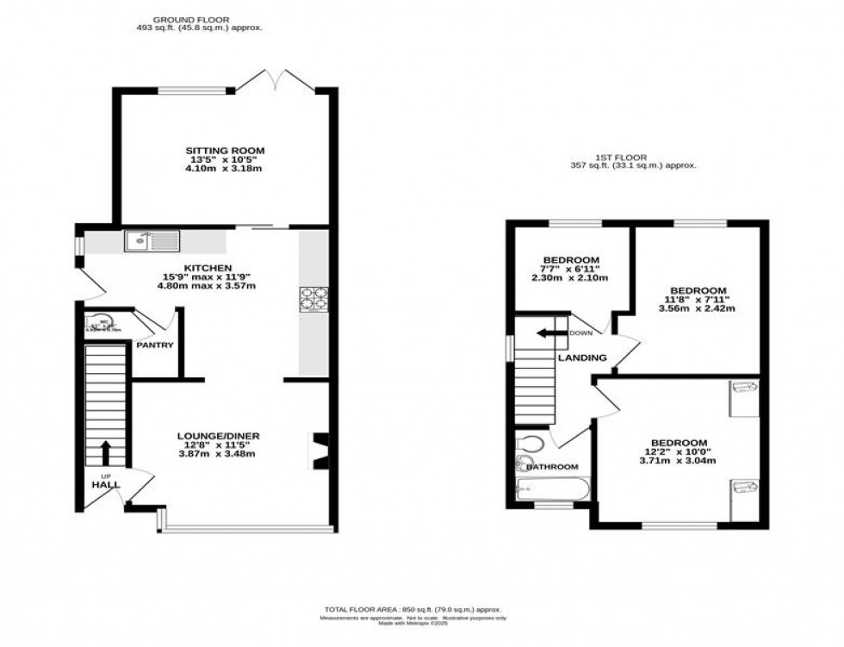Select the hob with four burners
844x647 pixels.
pos(312,297)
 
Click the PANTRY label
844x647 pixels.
pos(155,345)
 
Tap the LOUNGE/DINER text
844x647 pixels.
pos(219,436)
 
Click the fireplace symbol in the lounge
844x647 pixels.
pos(320,451)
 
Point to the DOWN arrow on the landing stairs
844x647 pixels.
pos(546,333)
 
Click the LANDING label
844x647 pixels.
pos(582,358)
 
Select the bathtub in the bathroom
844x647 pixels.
pos(551,491)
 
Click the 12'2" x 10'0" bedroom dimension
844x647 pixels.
pos(679,451)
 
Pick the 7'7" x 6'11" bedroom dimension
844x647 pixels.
pos(569,269)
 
